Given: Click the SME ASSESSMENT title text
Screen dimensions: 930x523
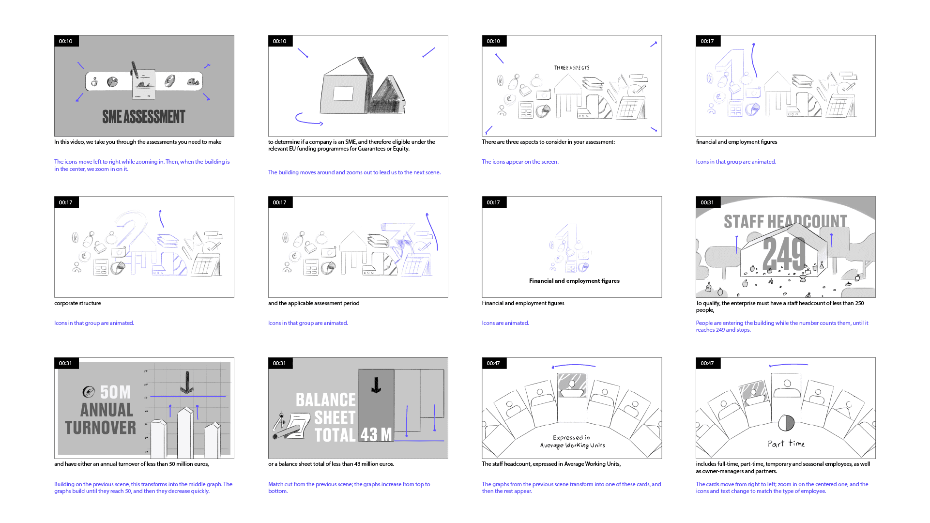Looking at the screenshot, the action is [144, 117].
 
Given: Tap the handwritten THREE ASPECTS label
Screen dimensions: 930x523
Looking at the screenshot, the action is [572, 68].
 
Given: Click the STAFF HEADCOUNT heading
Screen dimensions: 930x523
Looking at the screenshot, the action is [785, 221].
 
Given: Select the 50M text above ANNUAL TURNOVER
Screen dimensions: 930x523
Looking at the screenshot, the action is [115, 392].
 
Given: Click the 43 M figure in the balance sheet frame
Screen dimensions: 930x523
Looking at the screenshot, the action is [376, 434].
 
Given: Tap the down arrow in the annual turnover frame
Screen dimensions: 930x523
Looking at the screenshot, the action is [187, 382].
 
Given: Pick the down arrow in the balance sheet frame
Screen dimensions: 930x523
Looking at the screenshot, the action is [376, 385].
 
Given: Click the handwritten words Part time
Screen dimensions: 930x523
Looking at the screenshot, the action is [786, 444].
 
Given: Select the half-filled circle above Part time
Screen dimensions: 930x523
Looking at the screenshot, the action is [786, 423].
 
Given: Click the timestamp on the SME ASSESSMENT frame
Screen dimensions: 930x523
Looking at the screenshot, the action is [66, 41].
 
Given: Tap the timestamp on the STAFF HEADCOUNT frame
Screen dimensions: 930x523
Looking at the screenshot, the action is [707, 202].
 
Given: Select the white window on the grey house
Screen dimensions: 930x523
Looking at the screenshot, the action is [343, 93].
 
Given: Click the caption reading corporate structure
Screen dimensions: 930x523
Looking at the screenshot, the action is [77, 303].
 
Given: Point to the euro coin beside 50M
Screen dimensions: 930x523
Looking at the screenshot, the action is [89, 391].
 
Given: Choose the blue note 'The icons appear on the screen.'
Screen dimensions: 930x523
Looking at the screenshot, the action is [520, 162].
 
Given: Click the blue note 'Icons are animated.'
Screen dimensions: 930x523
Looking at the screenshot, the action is [505, 323].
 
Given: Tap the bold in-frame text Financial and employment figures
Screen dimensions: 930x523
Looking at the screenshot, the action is [574, 281].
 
